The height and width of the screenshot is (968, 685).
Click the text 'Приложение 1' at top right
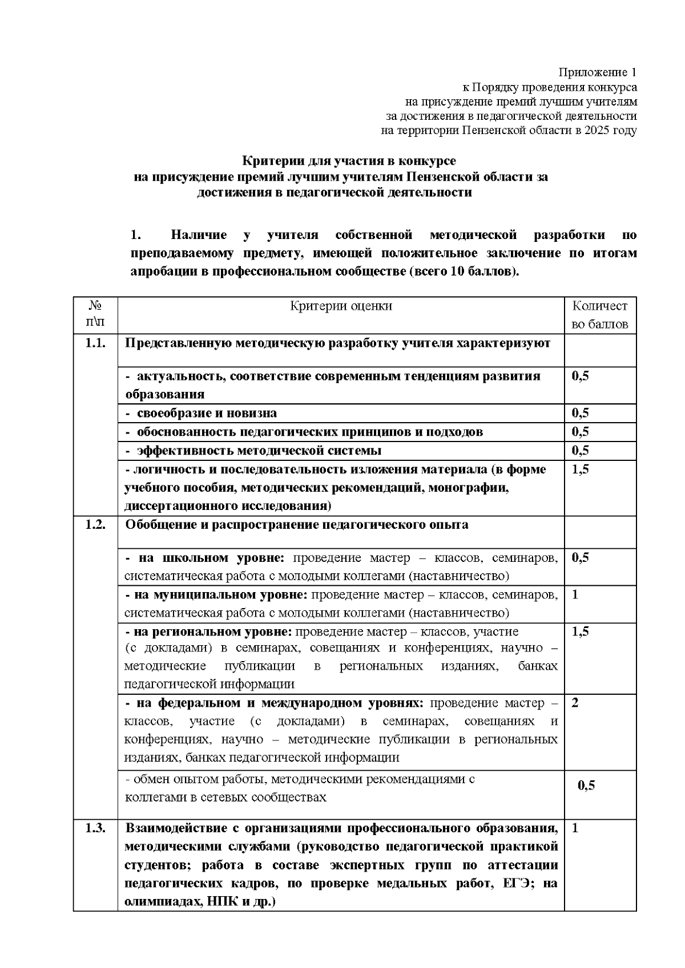(597, 72)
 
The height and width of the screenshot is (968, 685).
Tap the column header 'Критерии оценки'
(341, 306)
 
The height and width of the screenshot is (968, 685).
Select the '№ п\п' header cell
(95, 315)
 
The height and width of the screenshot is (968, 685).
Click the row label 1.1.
(95, 343)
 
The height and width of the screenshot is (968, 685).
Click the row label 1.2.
(95, 525)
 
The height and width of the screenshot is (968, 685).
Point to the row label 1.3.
(95, 828)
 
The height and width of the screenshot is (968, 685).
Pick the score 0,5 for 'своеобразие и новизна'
(580, 413)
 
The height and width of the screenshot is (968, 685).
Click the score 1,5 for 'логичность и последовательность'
(580, 469)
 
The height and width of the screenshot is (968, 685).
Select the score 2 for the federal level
(575, 703)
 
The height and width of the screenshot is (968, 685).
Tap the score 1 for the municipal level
(575, 595)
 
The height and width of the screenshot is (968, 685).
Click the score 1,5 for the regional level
(580, 631)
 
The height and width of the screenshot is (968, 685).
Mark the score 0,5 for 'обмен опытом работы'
(586, 785)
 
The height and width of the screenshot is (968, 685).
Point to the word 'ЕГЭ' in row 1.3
(514, 884)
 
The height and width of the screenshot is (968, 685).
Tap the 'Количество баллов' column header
(599, 315)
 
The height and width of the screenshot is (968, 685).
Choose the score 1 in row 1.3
(575, 828)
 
